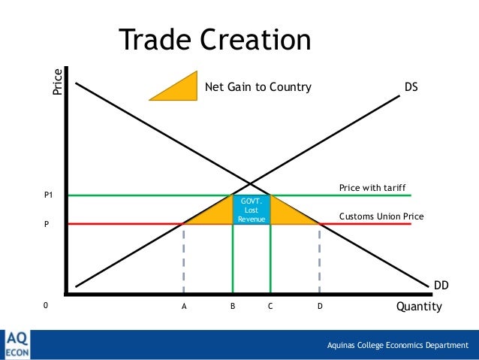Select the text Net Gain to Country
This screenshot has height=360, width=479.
[x=258, y=87]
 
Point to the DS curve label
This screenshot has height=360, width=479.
[x=411, y=87]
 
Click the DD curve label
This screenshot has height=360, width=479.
[x=441, y=286]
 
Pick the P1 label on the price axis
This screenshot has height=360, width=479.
[x=49, y=195]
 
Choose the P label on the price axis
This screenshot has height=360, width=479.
[x=47, y=223]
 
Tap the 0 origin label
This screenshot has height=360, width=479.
[x=44, y=307]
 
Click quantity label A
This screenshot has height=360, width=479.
[x=184, y=307]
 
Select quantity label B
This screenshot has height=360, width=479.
[x=233, y=307]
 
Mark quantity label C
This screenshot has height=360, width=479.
[x=270, y=307]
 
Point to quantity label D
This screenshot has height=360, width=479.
[x=320, y=307]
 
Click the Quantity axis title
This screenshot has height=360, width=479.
[x=419, y=307]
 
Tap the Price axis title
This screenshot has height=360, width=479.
[x=58, y=82]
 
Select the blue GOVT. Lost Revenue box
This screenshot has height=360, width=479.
[x=252, y=210]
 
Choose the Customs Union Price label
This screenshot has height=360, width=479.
[x=381, y=216]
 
